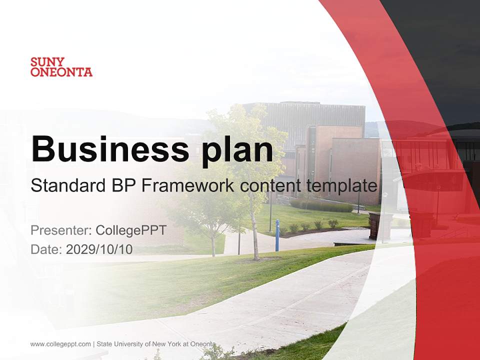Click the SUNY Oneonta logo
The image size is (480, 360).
61,67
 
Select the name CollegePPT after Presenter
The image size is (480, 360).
131,230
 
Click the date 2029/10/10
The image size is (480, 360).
99,249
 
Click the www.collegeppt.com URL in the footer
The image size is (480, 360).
60,344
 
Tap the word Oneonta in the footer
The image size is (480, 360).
204,344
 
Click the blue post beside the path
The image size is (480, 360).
277,235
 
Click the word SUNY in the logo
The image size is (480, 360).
47,62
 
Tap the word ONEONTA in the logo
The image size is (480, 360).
61,72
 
